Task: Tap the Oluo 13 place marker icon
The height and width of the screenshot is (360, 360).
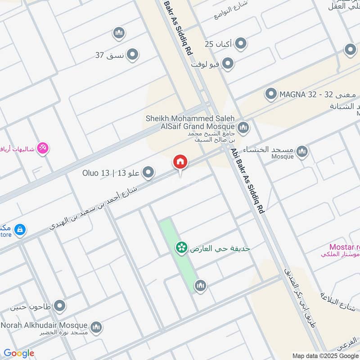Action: coord(148,172)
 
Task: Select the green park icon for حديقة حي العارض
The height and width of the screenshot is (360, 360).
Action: coord(181,248)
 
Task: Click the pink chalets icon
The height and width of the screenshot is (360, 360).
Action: coord(43,148)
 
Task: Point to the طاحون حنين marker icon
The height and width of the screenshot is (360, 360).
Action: coord(59,306)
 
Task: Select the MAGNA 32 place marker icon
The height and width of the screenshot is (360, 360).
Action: coord(271,94)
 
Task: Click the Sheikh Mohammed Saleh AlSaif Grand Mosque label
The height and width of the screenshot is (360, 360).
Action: coord(190,123)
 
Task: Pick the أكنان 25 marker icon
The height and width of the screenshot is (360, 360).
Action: coord(241,44)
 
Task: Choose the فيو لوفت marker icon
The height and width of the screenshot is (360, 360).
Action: coord(228,63)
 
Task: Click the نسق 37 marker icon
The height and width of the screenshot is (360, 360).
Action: coord(132,55)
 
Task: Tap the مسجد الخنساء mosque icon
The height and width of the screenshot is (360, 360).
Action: coord(302,151)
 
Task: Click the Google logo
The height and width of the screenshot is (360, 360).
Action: coord(19,353)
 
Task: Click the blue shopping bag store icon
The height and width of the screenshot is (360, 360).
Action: coord(19,230)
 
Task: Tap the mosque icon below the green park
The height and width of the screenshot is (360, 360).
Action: coord(200,285)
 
